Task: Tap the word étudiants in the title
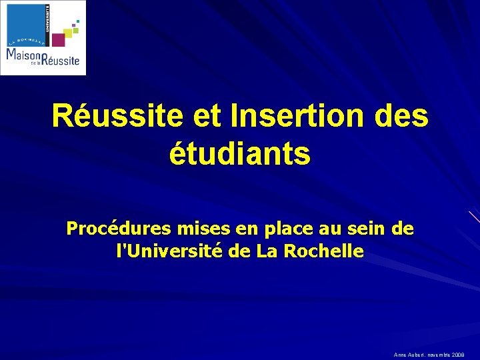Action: coord(240,154)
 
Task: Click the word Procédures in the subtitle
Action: coord(116,229)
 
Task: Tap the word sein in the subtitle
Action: coord(364,229)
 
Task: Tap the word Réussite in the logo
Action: coord(62,59)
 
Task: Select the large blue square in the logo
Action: coord(26,21)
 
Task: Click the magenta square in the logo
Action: coord(59,40)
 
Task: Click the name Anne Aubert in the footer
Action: coord(408,355)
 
